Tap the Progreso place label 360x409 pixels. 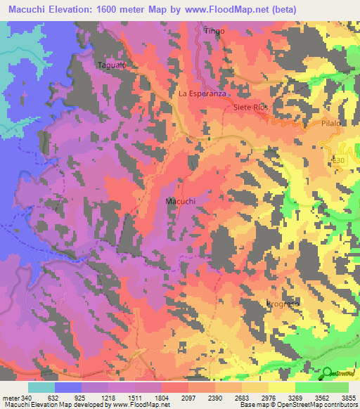click(x=283, y=304)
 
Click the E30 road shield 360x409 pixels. click(x=340, y=161)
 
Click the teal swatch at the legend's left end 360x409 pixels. click(x=41, y=387)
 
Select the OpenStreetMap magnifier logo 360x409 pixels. click(x=329, y=372)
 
